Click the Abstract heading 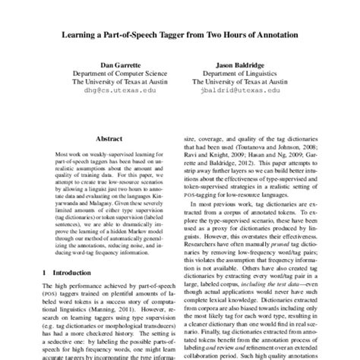109,139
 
